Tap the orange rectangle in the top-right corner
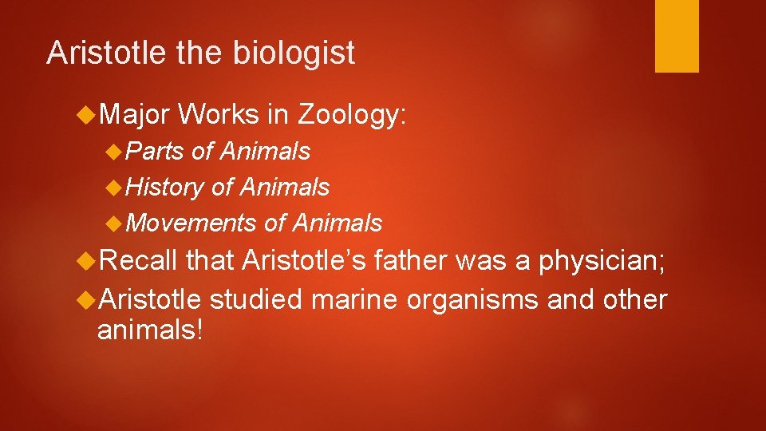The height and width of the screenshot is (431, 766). [x=677, y=36]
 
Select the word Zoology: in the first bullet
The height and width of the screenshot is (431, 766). [x=352, y=116]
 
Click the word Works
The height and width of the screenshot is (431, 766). [x=219, y=116]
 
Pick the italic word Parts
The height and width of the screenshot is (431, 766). [x=155, y=151]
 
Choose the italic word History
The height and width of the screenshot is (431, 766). [x=165, y=187]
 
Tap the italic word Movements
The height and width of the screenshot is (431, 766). [x=191, y=223]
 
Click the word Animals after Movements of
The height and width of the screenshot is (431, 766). [x=337, y=223]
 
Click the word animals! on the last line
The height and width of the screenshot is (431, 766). [x=150, y=328]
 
